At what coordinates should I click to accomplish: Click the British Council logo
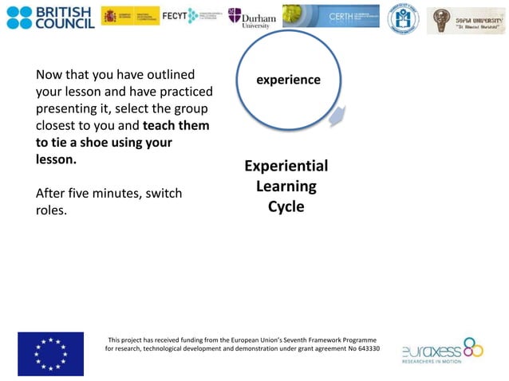click(x=50, y=17)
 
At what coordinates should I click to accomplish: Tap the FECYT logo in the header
click(x=191, y=16)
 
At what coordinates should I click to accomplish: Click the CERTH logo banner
click(x=331, y=16)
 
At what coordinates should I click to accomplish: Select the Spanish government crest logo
click(x=130, y=16)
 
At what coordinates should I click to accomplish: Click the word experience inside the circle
click(x=288, y=80)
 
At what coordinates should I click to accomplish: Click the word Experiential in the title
click(x=286, y=166)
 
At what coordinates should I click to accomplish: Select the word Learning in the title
click(x=286, y=187)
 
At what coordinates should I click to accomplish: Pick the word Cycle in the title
click(x=286, y=206)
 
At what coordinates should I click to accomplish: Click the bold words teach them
click(x=176, y=126)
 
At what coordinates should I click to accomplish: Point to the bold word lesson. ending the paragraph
click(x=57, y=159)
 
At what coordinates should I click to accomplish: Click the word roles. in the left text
click(x=52, y=210)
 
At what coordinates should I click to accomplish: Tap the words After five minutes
click(x=88, y=194)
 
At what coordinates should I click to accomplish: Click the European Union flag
click(x=50, y=353)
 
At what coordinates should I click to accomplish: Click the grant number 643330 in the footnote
click(x=365, y=349)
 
